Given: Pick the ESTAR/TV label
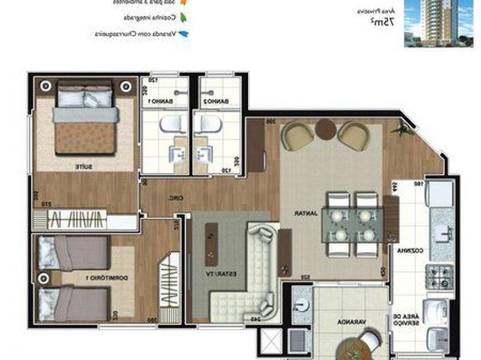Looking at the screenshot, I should tap(227, 274).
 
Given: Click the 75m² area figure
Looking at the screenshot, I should tap(382, 22).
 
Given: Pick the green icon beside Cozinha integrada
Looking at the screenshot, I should tap(184, 18).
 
